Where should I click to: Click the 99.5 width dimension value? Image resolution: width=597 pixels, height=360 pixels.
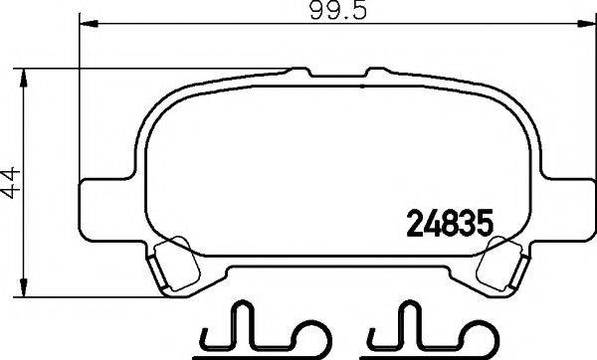click(325, 11)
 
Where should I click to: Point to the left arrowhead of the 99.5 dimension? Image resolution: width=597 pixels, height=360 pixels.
click(86, 24)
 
